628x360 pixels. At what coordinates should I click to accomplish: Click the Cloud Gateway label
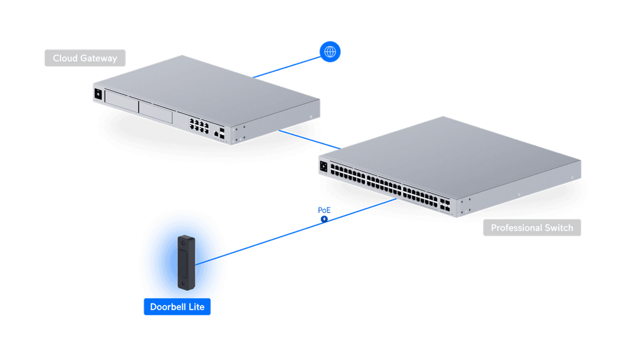click(x=85, y=58)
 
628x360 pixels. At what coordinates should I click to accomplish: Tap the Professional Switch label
click(x=532, y=228)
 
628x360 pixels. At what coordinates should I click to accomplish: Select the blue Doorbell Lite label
click(x=177, y=307)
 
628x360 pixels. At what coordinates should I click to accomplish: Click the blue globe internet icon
click(x=330, y=52)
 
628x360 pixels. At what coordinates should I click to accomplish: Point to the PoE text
click(x=324, y=210)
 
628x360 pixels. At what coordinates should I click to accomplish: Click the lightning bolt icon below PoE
click(x=324, y=219)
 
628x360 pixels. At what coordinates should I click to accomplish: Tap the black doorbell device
click(x=186, y=262)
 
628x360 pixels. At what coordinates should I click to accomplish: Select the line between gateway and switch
click(x=310, y=139)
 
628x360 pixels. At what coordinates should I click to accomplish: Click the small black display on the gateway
click(x=98, y=94)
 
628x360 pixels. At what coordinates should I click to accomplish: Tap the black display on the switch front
click(x=324, y=166)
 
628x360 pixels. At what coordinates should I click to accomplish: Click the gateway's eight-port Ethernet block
click(x=199, y=125)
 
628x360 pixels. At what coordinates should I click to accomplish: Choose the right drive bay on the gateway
click(x=155, y=112)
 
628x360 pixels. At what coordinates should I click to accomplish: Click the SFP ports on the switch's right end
click(x=445, y=204)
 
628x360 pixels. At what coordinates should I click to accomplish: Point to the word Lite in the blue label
click(x=197, y=307)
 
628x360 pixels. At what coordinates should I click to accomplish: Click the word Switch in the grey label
click(x=559, y=228)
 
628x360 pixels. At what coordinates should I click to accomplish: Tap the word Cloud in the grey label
click(x=65, y=58)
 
